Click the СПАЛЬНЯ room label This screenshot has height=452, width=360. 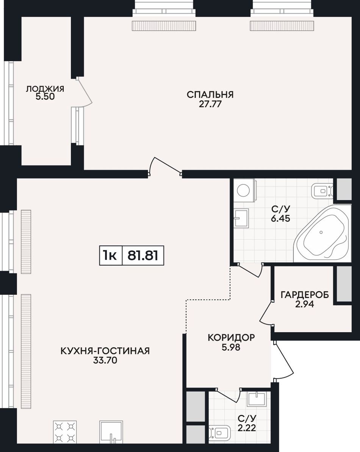pos(210,95)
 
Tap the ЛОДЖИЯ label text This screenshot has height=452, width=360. pos(45,89)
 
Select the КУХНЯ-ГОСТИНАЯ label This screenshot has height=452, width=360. pos(105,351)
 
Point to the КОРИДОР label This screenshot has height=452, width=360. pos(231,337)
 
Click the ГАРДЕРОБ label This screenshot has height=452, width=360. pos(305,295)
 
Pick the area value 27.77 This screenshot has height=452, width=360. pos(210,104)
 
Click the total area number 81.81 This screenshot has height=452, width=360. pos(143,255)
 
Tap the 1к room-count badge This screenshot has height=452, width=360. pos(110,255)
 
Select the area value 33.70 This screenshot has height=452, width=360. pos(105,360)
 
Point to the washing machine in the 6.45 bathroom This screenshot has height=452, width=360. pos(245,190)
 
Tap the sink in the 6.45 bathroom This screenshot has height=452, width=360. pos(241,219)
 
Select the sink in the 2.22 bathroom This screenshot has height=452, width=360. pos(256,399)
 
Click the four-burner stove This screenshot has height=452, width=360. pos(65,432)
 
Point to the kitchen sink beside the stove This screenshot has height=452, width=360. pos(111,432)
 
